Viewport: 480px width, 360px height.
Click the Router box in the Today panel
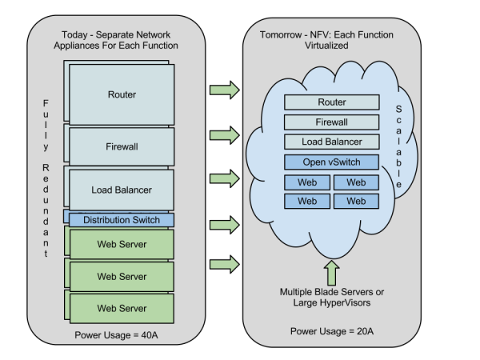coord(122,94)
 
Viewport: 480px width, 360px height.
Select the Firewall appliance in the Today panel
coord(122,148)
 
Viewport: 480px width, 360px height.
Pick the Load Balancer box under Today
coord(122,190)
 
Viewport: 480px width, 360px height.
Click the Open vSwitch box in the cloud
coord(332,162)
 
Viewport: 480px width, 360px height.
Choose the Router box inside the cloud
coord(332,102)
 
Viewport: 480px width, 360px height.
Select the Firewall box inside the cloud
coord(332,122)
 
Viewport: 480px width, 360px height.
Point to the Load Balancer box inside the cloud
coord(332,142)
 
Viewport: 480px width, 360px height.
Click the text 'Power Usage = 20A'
coord(332,330)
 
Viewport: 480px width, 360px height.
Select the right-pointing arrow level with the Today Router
coord(224,90)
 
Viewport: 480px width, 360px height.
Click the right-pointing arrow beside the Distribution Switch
coord(224,222)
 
